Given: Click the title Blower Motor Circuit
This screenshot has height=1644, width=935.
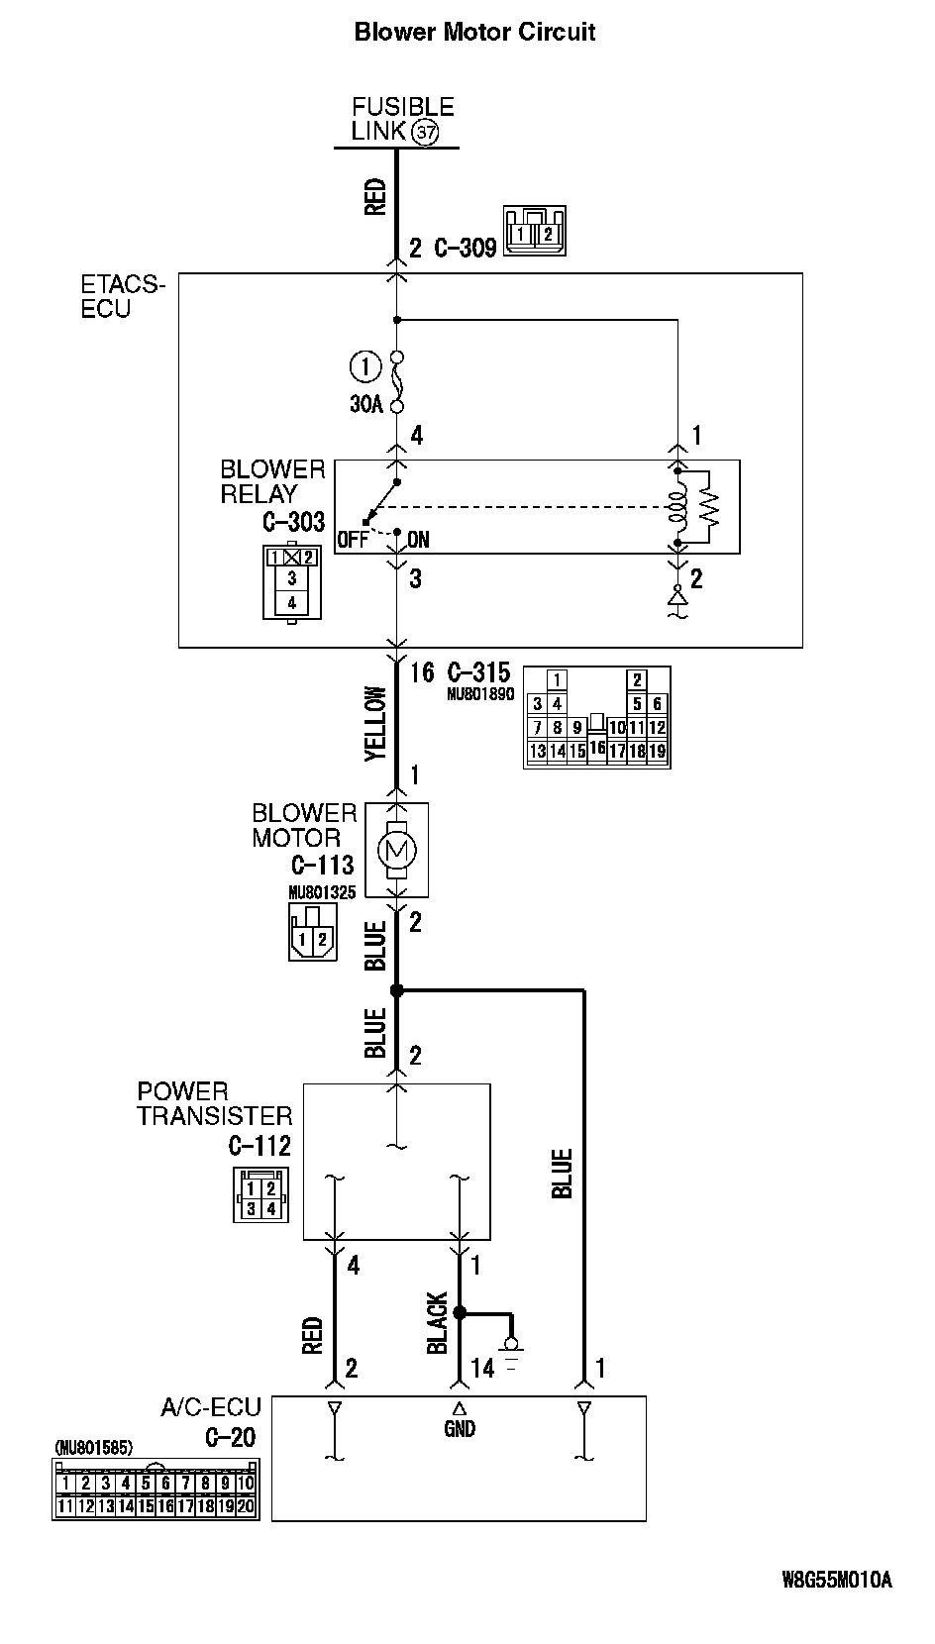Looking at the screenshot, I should click(474, 33).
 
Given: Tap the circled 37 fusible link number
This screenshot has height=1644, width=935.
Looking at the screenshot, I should click(425, 132).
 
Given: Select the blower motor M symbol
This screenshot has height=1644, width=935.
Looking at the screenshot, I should click(396, 849).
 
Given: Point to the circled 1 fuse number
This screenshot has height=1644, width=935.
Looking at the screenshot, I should click(364, 367).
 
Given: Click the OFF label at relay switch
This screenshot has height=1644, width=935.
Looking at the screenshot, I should click(352, 540).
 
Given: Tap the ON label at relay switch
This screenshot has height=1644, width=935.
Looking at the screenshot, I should click(418, 540).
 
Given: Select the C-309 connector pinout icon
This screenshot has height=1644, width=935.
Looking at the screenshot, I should click(534, 231).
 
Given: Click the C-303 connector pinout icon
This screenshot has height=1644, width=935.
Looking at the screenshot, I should click(291, 582).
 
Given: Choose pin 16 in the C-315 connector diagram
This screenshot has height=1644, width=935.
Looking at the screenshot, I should click(596, 749).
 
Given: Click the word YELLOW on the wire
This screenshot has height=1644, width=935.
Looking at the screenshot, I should click(375, 724).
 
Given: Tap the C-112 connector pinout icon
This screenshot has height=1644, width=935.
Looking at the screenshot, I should click(260, 1195).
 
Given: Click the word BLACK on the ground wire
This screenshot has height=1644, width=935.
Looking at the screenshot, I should click(438, 1323).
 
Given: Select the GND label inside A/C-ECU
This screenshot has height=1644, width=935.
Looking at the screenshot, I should click(460, 1429).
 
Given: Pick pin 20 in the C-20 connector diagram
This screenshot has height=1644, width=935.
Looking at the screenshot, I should click(246, 1506).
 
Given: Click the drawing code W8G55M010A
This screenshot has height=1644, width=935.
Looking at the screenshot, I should click(837, 1580).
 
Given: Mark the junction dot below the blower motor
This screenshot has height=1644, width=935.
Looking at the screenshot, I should click(396, 990).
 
